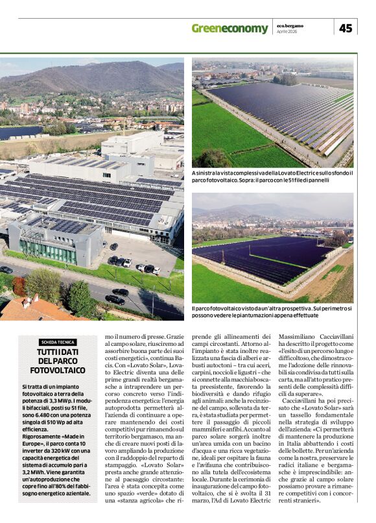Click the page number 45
click(x=346, y=28)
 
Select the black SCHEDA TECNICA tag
click(x=57, y=342)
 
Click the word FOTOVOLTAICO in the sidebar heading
click(x=57, y=370)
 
